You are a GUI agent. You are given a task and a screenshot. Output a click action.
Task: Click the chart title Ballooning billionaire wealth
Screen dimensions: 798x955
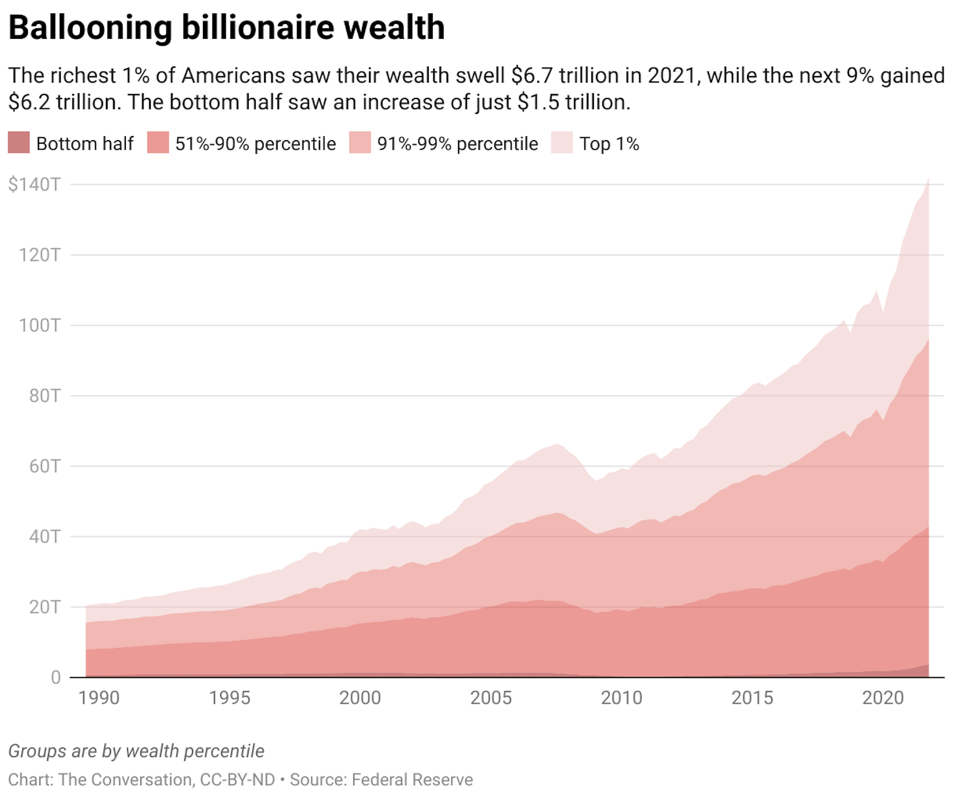coord(226,27)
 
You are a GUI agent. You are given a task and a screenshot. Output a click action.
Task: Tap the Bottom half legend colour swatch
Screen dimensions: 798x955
coord(19,143)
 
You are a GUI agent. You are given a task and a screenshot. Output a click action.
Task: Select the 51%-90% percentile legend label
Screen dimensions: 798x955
coord(255,144)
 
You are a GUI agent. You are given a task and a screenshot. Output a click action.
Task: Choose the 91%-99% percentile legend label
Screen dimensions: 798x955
coord(457,144)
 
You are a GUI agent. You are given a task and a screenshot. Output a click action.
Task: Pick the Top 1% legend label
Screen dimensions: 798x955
coord(609,144)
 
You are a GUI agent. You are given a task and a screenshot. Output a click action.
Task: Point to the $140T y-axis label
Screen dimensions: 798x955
coord(34,184)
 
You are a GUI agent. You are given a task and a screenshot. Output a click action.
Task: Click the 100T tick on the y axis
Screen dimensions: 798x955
coord(39,326)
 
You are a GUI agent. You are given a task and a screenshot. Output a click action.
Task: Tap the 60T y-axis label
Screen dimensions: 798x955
coord(45,466)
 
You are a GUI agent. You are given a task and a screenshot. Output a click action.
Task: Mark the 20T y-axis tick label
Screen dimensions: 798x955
coord(45,607)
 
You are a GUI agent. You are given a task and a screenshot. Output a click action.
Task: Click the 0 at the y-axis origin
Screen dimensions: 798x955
coord(56,677)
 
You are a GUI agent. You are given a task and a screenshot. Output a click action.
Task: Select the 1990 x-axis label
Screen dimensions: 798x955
coord(98,698)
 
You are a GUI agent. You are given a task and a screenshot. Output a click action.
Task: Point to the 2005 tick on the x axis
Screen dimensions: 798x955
coord(490,698)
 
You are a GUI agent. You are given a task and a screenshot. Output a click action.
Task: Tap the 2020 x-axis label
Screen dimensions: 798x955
coord(883,698)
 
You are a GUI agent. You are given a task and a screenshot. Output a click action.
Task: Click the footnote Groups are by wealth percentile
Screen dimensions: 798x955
coord(136,751)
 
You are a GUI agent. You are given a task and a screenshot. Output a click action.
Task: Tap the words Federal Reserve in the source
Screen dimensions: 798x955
coord(412,780)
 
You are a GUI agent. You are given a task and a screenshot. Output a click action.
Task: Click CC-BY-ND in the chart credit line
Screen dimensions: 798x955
coord(237,780)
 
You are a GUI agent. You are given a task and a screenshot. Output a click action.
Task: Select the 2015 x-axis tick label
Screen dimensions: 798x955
coord(752,698)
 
